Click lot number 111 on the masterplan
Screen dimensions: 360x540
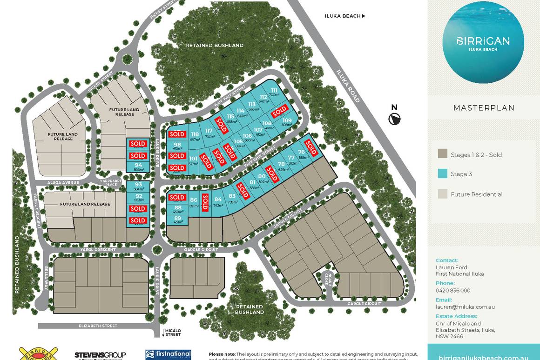click(x=274, y=91)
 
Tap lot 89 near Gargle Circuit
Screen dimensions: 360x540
click(x=178, y=218)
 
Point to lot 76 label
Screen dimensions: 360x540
click(x=302, y=152)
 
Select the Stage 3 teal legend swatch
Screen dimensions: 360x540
click(x=443, y=174)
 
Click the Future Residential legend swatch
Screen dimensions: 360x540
click(x=443, y=194)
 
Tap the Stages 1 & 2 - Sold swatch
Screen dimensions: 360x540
click(x=443, y=154)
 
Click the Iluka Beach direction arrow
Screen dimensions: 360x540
click(x=364, y=16)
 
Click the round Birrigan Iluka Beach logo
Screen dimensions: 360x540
click(x=483, y=43)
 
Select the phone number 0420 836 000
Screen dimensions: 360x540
click(x=453, y=290)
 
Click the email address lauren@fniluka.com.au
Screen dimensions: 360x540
click(x=465, y=307)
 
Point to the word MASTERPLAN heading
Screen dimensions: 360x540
click(x=484, y=108)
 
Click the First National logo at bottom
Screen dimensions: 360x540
click(x=168, y=355)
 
